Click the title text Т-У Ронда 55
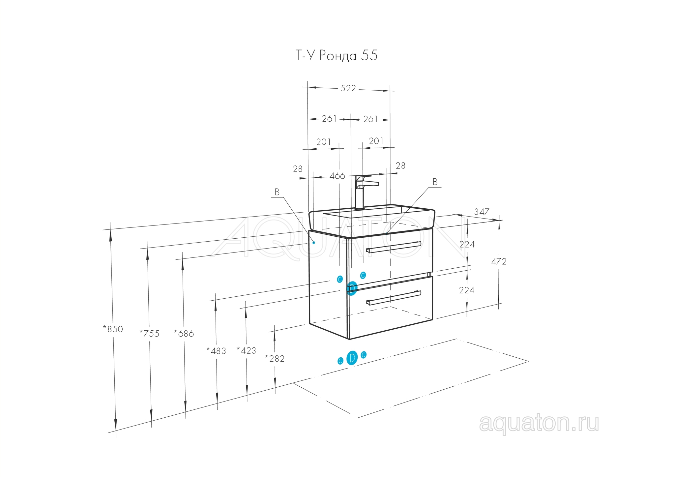(336, 55)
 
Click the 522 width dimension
(348, 88)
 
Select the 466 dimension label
(337, 176)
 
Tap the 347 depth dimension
(482, 212)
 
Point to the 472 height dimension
(498, 262)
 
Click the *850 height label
(113, 329)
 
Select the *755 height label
(149, 334)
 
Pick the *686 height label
(184, 334)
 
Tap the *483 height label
(216, 351)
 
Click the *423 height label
(246, 350)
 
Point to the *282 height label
(275, 359)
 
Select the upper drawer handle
(394, 247)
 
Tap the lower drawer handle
(394, 298)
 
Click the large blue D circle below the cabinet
(352, 358)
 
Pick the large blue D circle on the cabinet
(352, 288)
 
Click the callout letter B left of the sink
(277, 193)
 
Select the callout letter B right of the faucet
(435, 182)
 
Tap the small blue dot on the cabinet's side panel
(314, 243)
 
